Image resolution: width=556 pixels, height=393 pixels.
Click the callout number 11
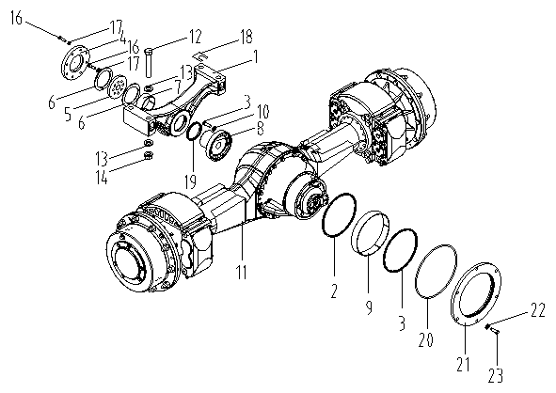tap(242, 272)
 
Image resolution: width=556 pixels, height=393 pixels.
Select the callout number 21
tap(463, 364)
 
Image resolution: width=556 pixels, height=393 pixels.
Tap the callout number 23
tap(496, 376)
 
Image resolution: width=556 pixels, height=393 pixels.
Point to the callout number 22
tap(538, 310)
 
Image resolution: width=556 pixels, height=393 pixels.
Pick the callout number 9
tap(369, 307)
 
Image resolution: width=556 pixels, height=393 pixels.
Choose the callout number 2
tap(334, 291)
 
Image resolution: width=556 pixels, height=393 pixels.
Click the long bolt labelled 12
tap(149, 62)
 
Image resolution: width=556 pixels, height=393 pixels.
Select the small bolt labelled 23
tap(495, 331)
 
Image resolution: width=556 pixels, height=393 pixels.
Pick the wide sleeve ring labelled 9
tap(370, 233)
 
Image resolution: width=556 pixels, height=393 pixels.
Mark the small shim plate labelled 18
tap(200, 55)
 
